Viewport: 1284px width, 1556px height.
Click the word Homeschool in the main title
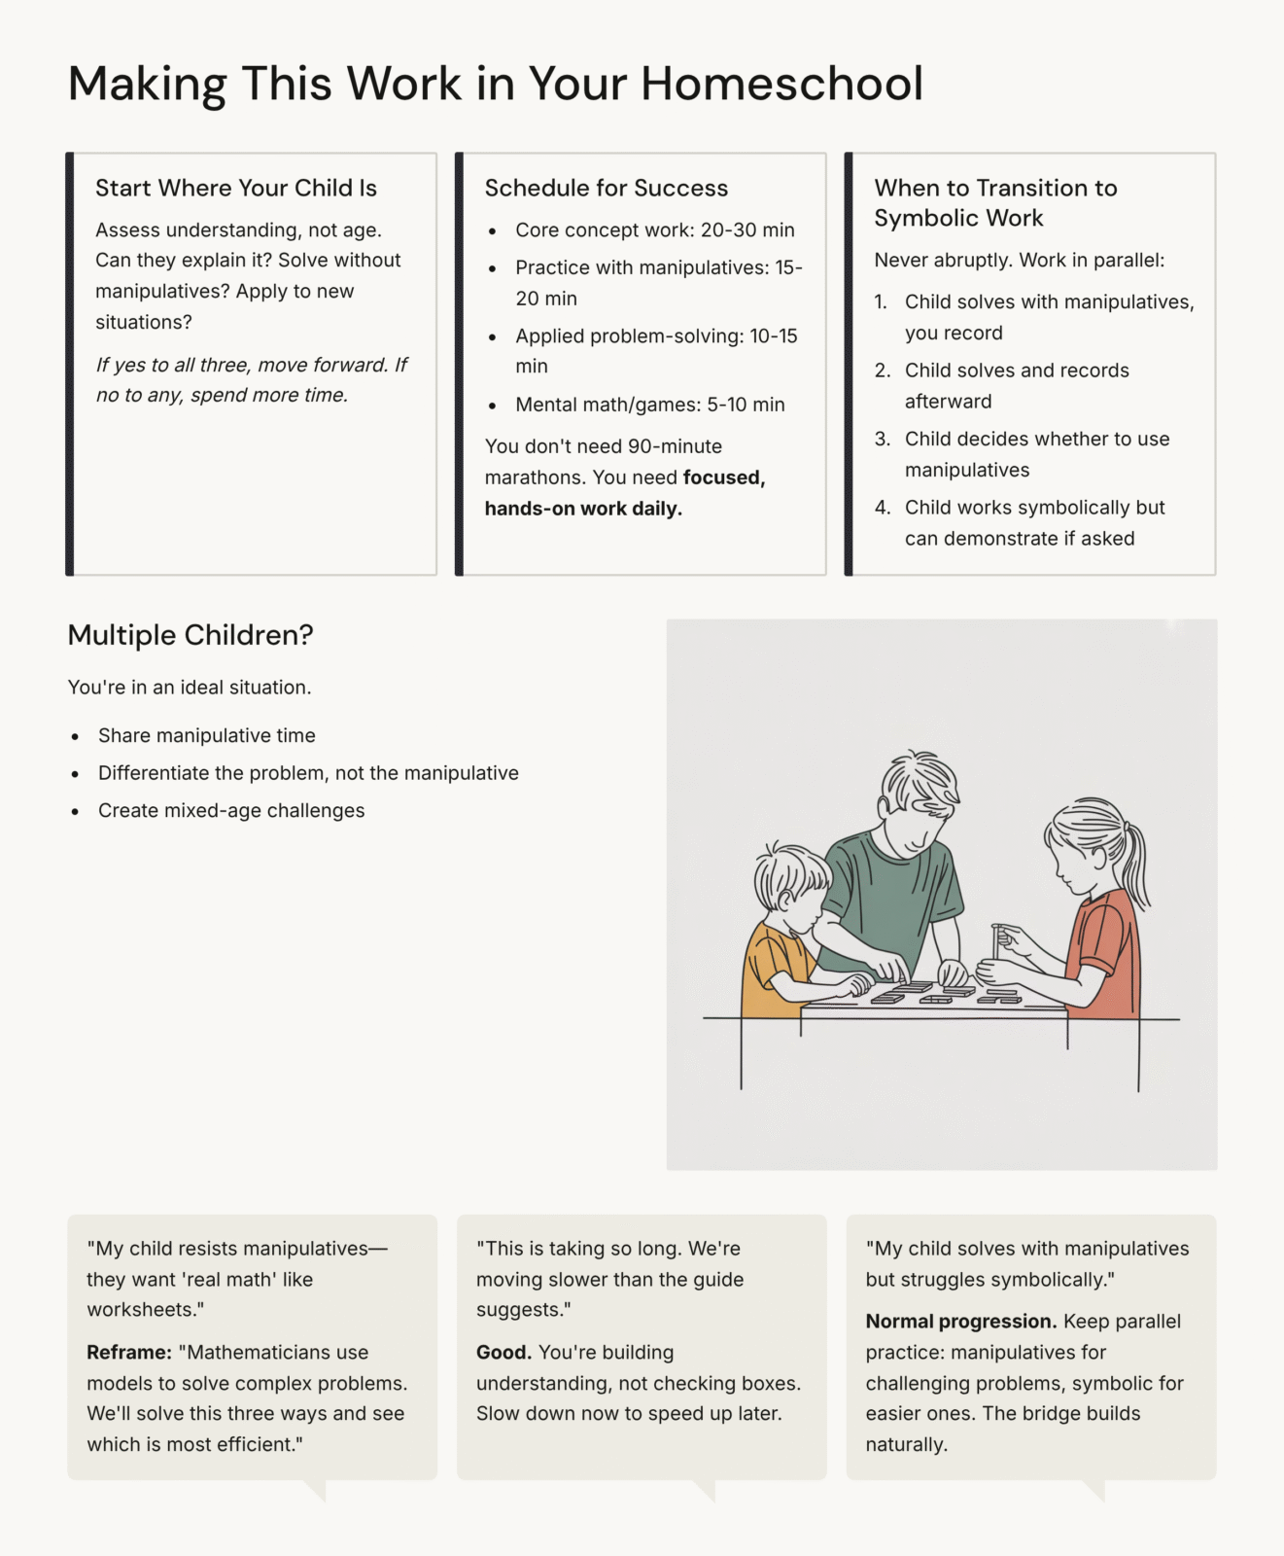781,84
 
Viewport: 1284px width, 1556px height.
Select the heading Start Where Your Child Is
236,188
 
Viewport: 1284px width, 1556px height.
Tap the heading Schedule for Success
606,188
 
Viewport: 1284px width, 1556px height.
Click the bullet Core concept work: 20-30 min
654,230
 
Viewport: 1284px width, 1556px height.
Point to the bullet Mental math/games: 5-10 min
649,405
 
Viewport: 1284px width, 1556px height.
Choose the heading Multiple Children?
191,635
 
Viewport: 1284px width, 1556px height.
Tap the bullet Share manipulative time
206,736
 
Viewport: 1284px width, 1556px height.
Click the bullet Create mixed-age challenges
231,811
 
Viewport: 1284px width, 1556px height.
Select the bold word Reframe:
128,1353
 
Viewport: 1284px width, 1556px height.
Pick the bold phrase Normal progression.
960,1322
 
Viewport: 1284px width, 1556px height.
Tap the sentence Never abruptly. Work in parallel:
1019,261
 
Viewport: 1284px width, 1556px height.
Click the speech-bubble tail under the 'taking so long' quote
706,1490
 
